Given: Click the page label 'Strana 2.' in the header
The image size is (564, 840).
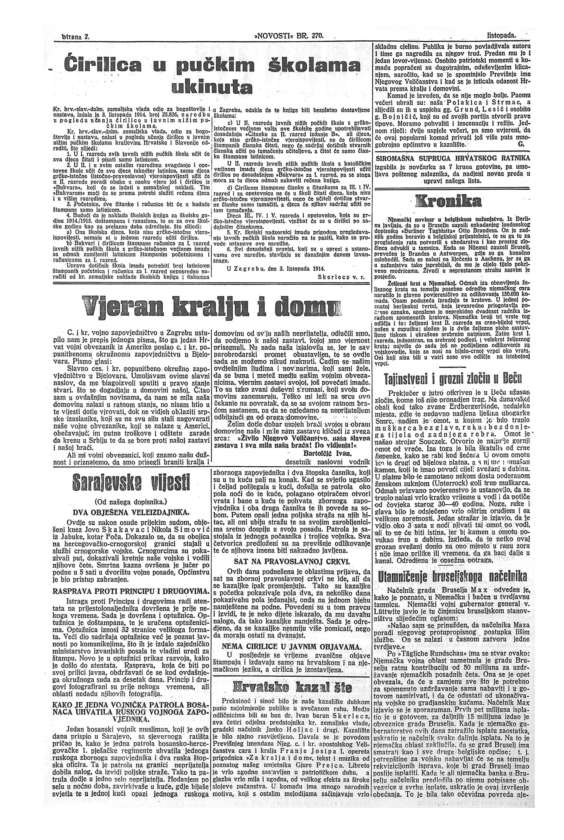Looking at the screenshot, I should pos(76,36).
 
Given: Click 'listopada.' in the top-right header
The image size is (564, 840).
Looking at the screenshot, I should pos(501,36).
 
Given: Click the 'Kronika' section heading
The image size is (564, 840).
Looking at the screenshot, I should pos(448,202).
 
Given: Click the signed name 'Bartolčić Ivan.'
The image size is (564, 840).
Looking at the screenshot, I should pos(327,453).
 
